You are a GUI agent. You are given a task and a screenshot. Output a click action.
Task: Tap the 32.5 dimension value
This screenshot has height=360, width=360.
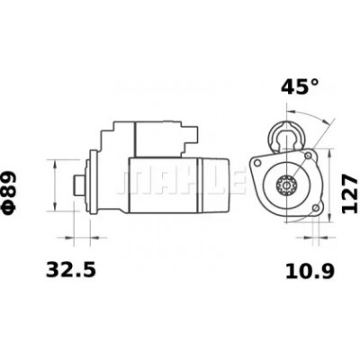(71, 269)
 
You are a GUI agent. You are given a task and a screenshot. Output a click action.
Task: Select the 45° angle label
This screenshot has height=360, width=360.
(300, 86)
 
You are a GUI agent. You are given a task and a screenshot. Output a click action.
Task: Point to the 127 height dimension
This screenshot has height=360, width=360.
(350, 193)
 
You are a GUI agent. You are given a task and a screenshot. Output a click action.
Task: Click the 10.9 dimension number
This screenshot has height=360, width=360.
(310, 272)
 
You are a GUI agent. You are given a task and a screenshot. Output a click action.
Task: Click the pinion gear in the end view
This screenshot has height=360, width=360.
(287, 186)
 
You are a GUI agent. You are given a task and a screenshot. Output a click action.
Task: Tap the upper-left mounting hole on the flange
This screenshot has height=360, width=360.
(256, 163)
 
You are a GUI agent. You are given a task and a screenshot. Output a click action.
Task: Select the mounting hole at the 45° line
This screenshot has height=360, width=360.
(308, 156)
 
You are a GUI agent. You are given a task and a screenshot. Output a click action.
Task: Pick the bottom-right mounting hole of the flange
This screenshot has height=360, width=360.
(315, 209)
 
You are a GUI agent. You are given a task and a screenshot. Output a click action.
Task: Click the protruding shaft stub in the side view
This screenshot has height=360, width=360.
(79, 185)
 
